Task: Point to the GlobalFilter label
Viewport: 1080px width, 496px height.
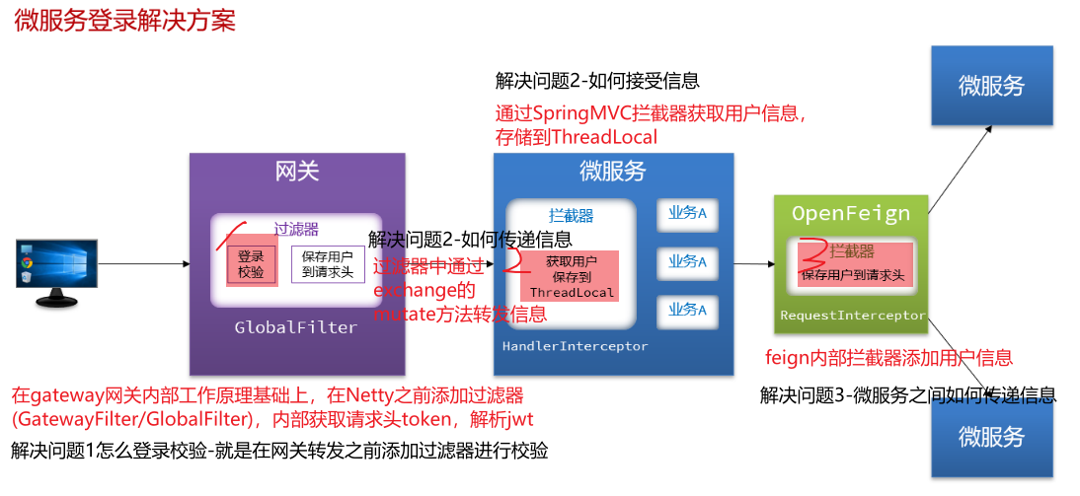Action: pos(296,327)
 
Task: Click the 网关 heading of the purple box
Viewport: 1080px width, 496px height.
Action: pos(297,172)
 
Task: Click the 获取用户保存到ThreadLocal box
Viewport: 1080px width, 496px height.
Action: pos(572,277)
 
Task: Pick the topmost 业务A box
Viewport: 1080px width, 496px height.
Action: pos(687,213)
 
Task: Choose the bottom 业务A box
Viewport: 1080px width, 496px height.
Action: pos(687,310)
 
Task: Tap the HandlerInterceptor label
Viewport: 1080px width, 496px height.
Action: pos(575,346)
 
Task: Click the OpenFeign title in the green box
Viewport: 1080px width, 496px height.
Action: pos(851,213)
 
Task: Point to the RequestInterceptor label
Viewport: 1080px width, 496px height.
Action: pos(853,316)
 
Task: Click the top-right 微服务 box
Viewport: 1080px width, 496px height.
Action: pos(991,86)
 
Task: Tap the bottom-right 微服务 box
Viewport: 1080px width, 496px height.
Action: pos(991,436)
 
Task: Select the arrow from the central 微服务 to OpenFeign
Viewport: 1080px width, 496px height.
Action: pos(755,264)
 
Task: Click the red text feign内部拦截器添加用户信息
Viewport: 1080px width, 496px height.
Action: pos(888,358)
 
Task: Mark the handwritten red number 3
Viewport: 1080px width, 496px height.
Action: pos(812,252)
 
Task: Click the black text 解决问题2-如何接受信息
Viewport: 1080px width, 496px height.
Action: pos(597,81)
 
